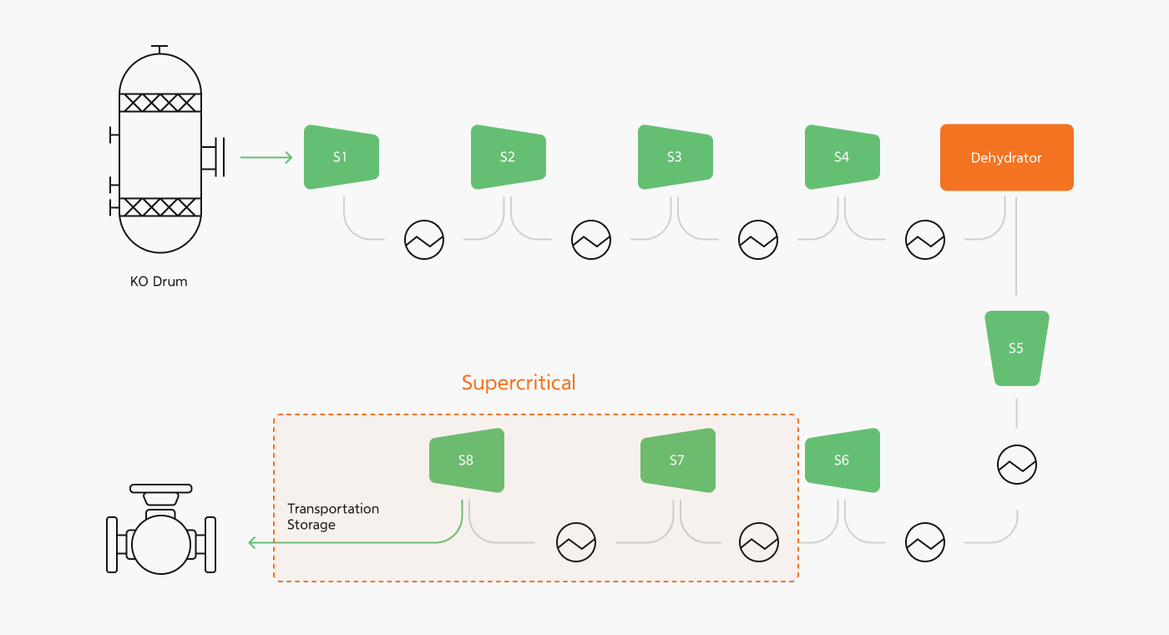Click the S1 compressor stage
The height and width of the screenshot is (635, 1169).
click(x=341, y=157)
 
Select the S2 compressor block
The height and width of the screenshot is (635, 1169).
click(x=508, y=157)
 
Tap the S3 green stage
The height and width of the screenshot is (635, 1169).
click(x=675, y=157)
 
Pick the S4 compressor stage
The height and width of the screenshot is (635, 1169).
click(x=842, y=157)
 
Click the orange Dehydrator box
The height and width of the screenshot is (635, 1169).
click(x=1006, y=158)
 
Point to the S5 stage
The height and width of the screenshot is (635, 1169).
click(x=1016, y=348)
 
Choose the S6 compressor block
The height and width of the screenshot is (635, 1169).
click(x=842, y=460)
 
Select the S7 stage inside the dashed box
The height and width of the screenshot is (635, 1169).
click(x=677, y=460)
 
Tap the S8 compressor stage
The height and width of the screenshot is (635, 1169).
click(x=466, y=460)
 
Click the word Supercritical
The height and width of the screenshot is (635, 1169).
click(x=519, y=383)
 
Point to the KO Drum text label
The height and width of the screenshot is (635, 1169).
click(x=159, y=282)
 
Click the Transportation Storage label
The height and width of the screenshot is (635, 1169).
click(x=332, y=516)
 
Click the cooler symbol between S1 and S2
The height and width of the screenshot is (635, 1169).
click(x=424, y=241)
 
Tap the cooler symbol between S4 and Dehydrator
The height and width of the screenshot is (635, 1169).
click(x=925, y=241)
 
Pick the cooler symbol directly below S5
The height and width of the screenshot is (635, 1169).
click(x=1017, y=465)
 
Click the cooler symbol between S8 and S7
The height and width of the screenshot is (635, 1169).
click(x=576, y=543)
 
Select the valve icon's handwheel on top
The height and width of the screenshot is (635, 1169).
click(x=161, y=489)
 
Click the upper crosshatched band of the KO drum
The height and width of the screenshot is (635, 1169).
click(x=160, y=103)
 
